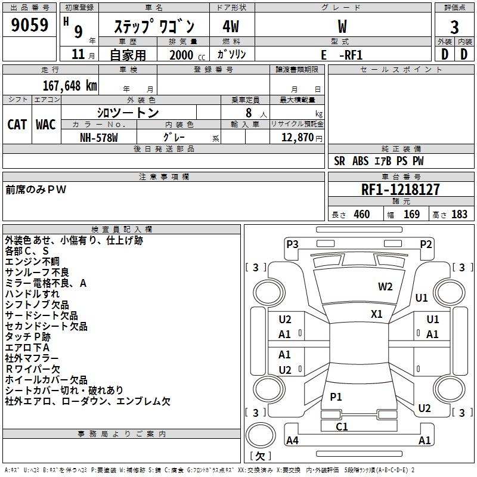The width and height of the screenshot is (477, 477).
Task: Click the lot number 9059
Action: tap(30, 26)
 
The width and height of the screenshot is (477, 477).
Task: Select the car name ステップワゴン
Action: tap(154, 27)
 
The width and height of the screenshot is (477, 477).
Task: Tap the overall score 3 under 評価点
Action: tap(454, 27)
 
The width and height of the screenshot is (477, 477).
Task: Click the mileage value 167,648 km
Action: tap(70, 85)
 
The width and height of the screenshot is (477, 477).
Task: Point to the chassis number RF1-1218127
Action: tap(401, 190)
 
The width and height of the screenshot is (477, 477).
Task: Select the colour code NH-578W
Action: tap(99, 137)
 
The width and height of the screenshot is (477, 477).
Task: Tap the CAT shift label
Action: tap(17, 124)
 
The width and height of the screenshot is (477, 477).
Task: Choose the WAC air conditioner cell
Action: tap(46, 124)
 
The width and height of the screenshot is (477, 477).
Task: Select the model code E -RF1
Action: tap(342, 55)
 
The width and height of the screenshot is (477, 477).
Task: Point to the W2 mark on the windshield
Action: tap(385, 286)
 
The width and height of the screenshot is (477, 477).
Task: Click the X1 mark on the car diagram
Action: tap(377, 314)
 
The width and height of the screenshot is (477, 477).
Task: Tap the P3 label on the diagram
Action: tap(292, 243)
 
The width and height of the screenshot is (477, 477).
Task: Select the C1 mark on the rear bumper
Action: tap(342, 426)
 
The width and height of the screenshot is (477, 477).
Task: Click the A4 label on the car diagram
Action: tap(292, 441)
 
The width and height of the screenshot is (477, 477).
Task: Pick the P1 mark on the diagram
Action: tap(336, 397)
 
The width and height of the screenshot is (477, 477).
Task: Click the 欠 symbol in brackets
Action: tap(260, 456)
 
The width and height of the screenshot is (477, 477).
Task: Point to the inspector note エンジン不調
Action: tap(32, 262)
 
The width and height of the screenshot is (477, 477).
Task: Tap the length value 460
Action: tap(361, 215)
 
